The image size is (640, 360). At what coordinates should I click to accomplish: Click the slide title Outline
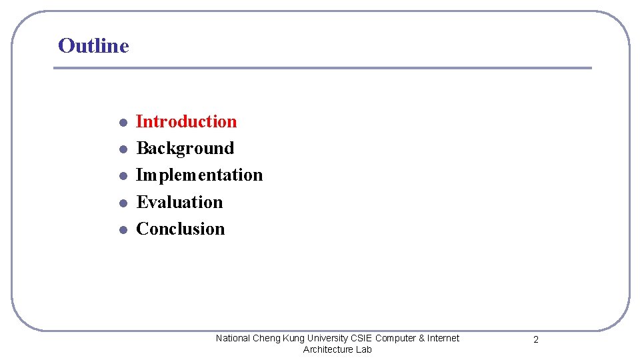point(93,45)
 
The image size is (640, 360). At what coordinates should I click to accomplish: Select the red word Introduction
point(186,121)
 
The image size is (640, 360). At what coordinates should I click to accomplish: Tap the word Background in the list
point(185,148)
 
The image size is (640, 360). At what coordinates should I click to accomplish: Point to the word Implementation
point(199,175)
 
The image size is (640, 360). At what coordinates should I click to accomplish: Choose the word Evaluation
point(179,202)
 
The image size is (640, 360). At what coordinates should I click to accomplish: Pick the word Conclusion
point(180,229)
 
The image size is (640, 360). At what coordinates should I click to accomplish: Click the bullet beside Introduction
point(123,123)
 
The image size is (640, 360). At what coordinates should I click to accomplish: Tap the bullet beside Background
point(123,149)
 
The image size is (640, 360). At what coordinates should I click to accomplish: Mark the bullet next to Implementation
point(123,176)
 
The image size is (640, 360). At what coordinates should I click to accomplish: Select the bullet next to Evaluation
point(123,203)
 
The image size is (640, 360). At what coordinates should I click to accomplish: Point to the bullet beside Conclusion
point(123,229)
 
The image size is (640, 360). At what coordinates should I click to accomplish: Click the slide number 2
point(536,340)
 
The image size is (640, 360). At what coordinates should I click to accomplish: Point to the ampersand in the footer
point(421,338)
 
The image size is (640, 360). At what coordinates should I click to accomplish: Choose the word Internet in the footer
point(443,338)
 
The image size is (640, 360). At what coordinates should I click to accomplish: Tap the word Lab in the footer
point(364,349)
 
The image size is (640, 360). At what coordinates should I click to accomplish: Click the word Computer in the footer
point(395,338)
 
